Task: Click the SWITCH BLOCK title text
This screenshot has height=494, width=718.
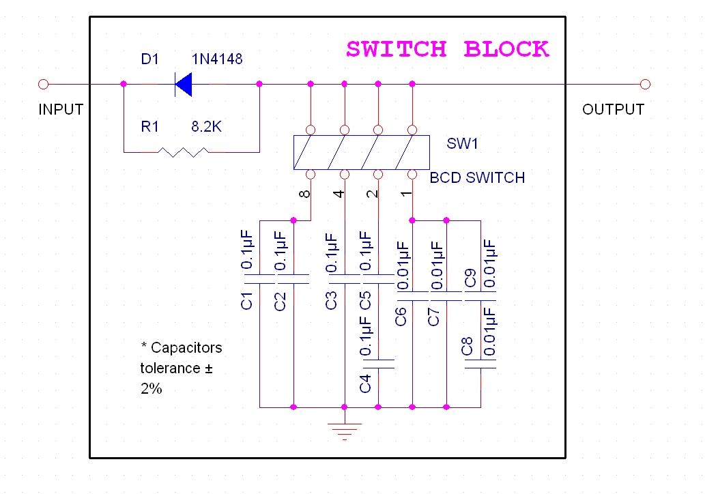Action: click(447, 49)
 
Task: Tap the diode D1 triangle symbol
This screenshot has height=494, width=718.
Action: click(183, 85)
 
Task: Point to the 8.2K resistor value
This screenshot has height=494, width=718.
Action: click(207, 127)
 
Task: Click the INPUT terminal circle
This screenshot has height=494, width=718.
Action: click(43, 84)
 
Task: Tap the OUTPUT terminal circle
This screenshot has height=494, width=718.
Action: click(646, 84)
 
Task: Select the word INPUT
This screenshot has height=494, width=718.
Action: click(61, 109)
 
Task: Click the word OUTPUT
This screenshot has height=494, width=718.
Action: click(613, 109)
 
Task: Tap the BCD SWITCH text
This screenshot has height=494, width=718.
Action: click(477, 178)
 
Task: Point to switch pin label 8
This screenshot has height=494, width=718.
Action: click(305, 194)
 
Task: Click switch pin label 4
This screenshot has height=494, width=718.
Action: click(339, 194)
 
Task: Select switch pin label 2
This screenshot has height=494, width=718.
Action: click(372, 194)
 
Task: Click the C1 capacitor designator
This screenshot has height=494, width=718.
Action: click(248, 300)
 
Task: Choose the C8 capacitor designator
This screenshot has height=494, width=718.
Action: click(468, 346)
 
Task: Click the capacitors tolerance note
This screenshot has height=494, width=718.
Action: click(181, 368)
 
